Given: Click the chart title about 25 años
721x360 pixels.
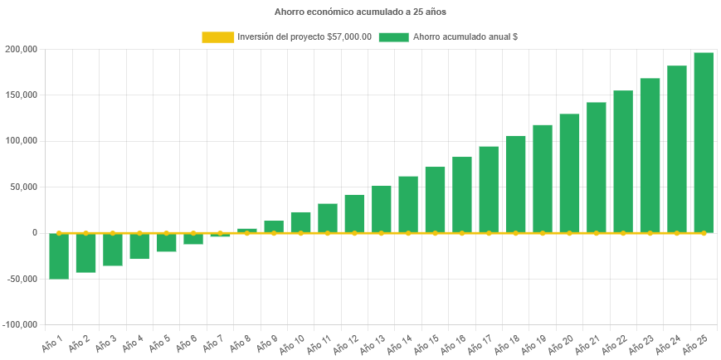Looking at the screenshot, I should pos(360,12).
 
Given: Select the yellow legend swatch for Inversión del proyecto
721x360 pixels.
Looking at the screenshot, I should pos(218,37).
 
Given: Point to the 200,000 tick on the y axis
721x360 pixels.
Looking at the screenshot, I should pos(21,49).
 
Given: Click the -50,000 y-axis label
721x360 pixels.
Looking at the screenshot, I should pos(21,279).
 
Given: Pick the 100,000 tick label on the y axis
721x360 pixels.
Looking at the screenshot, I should pos(21,141).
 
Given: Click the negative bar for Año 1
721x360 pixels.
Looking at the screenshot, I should pos(59,255).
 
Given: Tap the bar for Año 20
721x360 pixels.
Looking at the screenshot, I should pos(569,173).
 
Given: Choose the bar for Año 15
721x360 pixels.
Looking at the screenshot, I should pos(435,200).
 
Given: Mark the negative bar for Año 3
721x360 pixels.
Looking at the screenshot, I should pos(113,250).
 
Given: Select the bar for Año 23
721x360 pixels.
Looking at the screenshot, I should pos(650,155).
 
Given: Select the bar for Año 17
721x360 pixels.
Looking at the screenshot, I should pos(489,189).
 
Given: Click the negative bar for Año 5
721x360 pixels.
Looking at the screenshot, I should pos(166,242).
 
